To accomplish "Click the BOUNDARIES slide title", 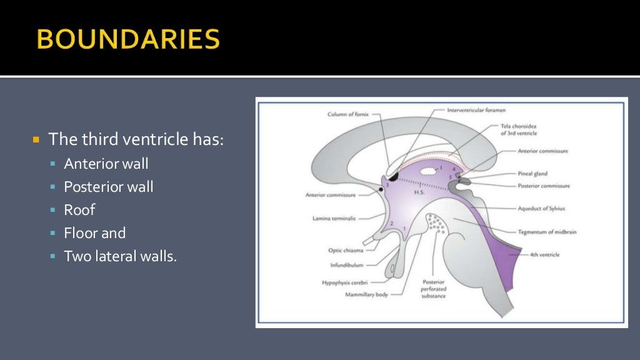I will coord(128,40).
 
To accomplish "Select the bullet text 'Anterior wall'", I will coord(106,164).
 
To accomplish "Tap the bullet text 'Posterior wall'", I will coord(108,187).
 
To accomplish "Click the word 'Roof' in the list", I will coord(79,210).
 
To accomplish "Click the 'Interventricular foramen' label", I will coord(476,111).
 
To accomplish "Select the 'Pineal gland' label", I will coord(532,174).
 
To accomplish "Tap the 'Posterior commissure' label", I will coord(543,186).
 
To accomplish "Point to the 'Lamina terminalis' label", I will coord(338,219).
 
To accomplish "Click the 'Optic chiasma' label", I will coord(346,250).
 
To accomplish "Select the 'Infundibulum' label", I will coord(347,265).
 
